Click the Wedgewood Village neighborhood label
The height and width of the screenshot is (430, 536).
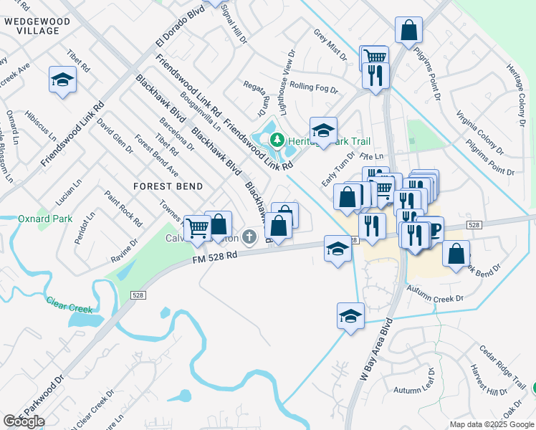coord(37,27)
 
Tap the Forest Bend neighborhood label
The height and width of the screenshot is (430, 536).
coord(168,186)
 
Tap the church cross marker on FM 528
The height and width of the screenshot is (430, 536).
coord(249,236)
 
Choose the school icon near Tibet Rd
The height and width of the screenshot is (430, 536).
coord(62,80)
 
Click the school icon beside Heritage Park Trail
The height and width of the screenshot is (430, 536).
coord(323,130)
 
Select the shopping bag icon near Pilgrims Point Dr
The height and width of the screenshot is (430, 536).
coord(408,30)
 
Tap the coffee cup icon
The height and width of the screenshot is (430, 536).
coord(432,229)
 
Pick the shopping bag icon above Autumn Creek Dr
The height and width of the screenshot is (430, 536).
coord(456,253)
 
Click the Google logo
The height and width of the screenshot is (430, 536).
coord(24,421)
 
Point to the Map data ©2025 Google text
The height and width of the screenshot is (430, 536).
coord(491,424)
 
